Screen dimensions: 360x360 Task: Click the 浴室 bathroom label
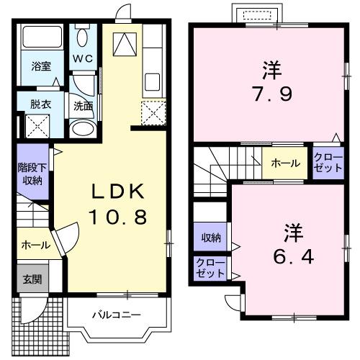[40, 66]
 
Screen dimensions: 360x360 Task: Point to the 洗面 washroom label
[83, 106]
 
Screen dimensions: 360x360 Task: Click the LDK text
[117, 191]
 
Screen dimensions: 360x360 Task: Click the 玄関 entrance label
[31, 279]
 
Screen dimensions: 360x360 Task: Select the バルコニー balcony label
[116, 315]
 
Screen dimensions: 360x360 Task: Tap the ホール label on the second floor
[285, 163]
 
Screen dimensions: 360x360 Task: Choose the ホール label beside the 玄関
[35, 245]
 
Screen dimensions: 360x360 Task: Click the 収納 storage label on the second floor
[210, 237]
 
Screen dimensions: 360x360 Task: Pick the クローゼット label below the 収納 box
[210, 269]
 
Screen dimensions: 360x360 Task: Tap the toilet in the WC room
[83, 37]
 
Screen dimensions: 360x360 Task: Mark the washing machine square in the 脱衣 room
[36, 127]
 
